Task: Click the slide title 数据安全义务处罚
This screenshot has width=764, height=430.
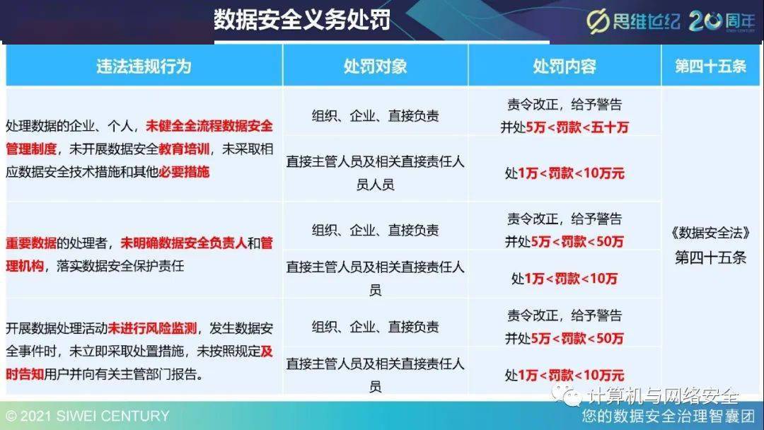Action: (x=302, y=21)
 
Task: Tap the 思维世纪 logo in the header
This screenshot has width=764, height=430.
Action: (x=632, y=21)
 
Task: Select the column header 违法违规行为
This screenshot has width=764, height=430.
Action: (x=144, y=66)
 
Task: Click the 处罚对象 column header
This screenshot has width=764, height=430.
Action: (x=375, y=66)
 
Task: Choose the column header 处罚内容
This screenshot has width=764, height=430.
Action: (x=564, y=66)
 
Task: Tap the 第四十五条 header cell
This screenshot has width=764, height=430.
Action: (x=710, y=66)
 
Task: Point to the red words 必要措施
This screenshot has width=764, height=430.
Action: (x=184, y=172)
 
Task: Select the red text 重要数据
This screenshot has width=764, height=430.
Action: (x=30, y=243)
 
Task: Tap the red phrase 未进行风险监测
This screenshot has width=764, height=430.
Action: (x=153, y=328)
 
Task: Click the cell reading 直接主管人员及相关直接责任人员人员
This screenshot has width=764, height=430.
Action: (x=375, y=173)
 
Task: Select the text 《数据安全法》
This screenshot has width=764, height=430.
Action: (x=710, y=233)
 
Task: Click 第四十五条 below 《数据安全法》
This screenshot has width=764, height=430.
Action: (x=710, y=257)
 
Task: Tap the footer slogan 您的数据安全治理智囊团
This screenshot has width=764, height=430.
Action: (x=668, y=416)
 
